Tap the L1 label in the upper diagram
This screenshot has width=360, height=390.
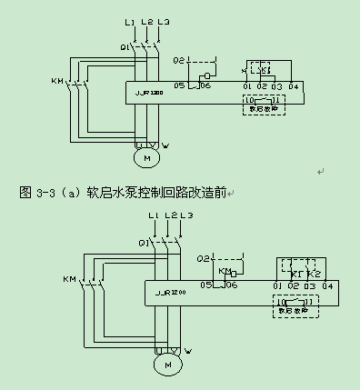129,21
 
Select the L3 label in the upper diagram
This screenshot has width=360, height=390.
163,21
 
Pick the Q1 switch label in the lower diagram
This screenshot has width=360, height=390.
144,243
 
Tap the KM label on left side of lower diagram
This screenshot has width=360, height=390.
68,277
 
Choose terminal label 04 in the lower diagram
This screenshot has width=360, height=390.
326,285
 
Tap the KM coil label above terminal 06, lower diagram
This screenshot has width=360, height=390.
225,270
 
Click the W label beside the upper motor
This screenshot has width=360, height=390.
164,145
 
